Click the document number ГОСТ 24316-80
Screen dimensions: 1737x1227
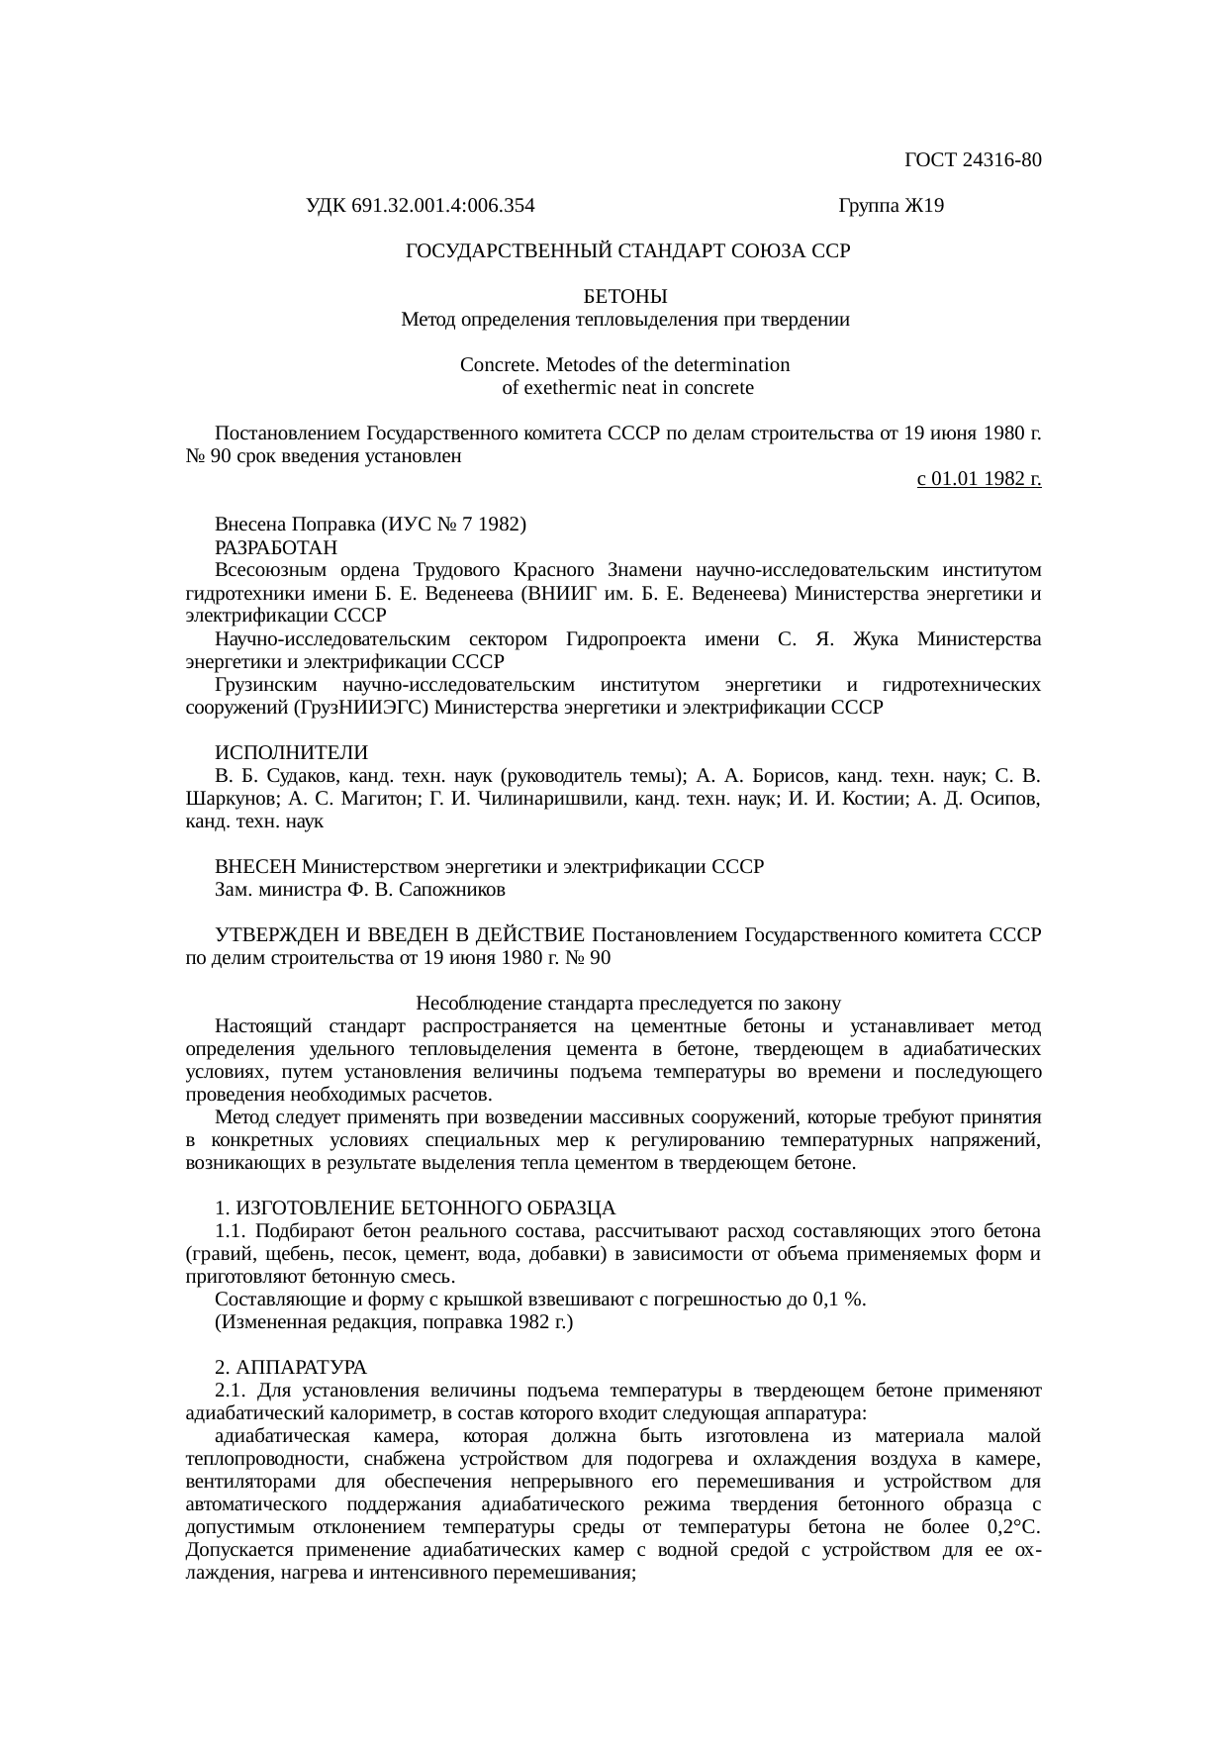coord(973,160)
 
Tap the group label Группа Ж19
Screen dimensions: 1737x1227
coord(891,206)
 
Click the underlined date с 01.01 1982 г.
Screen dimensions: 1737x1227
coord(979,480)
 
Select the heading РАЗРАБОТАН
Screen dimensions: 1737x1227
coord(276,547)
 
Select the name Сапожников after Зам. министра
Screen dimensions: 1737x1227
coord(454,890)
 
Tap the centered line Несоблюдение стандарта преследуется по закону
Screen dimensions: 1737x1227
coord(628,1004)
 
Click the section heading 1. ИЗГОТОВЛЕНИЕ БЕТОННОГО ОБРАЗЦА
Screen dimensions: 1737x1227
coord(416,1208)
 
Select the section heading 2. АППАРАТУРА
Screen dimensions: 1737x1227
coord(291,1368)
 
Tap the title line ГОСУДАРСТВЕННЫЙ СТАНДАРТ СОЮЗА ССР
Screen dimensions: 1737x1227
coord(628,251)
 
